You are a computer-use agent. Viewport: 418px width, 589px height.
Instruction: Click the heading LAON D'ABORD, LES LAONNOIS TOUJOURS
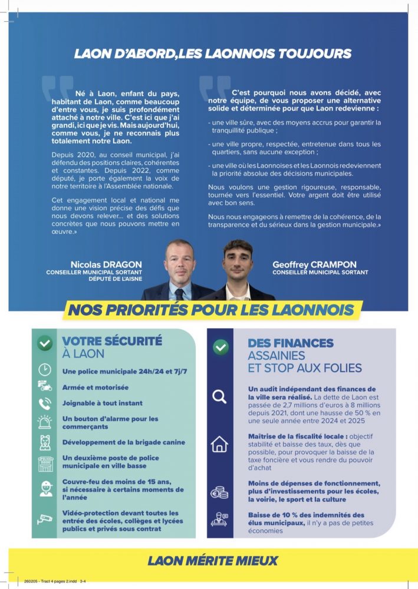[213, 54]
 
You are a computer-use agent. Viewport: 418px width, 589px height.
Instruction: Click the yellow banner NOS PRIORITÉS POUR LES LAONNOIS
[212, 310]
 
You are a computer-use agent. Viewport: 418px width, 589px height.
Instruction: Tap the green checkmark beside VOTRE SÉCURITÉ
[45, 343]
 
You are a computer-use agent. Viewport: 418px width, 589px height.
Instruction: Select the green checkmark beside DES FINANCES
[220, 347]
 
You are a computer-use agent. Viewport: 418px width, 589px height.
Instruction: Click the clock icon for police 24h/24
[45, 370]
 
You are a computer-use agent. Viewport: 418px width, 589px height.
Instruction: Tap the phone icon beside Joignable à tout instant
[45, 403]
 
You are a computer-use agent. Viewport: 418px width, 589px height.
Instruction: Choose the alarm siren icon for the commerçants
[45, 422]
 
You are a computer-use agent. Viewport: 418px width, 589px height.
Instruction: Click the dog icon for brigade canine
[45, 442]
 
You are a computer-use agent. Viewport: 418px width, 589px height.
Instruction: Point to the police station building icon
[45, 463]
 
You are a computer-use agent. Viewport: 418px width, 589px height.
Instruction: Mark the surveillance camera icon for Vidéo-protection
[45, 519]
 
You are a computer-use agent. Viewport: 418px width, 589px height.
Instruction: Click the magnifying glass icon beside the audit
[219, 397]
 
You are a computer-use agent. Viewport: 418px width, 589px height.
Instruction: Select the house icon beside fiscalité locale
[219, 444]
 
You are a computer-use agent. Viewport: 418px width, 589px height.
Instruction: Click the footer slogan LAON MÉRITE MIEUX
[213, 560]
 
